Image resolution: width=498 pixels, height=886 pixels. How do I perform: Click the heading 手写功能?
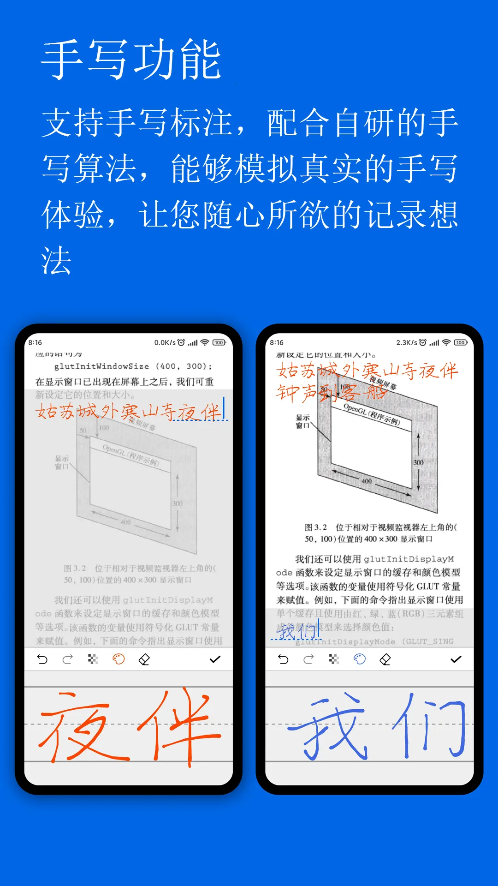click(131, 60)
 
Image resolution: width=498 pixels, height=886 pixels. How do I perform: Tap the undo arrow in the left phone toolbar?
click(42, 659)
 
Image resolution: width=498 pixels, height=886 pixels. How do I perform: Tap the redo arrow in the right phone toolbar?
click(308, 659)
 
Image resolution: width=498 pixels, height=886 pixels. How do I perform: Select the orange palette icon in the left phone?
click(119, 659)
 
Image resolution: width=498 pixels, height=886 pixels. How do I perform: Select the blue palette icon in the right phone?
click(360, 659)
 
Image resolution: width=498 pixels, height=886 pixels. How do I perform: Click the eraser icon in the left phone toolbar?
click(144, 659)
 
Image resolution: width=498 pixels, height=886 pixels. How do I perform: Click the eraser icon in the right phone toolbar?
click(385, 659)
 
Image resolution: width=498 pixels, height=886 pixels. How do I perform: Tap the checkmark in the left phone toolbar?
click(215, 659)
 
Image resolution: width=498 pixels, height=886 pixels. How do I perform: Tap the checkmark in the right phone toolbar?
click(456, 659)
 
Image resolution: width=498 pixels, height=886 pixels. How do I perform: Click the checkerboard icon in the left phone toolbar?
click(93, 659)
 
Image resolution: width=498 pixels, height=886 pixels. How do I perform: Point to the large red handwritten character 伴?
click(180, 727)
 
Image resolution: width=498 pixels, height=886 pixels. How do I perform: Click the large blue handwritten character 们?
click(429, 727)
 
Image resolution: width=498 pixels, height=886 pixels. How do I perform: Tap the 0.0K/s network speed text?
click(165, 342)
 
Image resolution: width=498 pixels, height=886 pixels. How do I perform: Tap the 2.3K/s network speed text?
click(406, 342)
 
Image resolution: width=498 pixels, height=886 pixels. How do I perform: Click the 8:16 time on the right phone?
click(277, 342)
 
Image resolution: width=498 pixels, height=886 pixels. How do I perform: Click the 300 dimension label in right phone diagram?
click(418, 462)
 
